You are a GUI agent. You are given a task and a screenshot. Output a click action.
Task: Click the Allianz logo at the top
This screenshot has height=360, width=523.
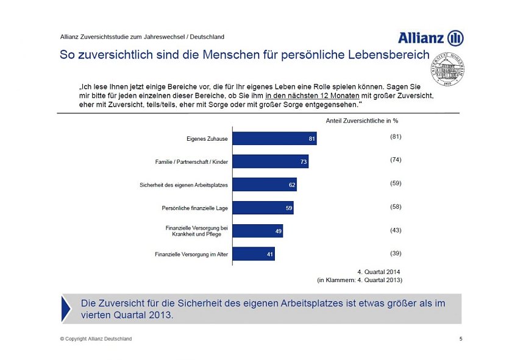pos(430,38)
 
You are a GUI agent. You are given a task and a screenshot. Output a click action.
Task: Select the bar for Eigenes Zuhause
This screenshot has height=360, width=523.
pos(275,138)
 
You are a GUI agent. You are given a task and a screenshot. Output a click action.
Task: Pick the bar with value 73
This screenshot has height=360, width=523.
pos(271,161)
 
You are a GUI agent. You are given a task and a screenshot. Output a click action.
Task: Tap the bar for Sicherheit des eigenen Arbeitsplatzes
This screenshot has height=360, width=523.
pos(265,185)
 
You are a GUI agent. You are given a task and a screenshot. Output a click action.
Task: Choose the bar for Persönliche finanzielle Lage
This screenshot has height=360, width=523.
pos(263,208)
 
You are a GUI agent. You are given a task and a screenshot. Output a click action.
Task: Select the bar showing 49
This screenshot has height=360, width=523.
pos(258,231)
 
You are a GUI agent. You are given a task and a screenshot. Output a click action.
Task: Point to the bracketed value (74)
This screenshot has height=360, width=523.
pos(396,160)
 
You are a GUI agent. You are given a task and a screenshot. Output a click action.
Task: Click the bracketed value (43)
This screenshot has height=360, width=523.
pos(396,230)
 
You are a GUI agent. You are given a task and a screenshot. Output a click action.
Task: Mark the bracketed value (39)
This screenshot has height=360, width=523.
pos(396,253)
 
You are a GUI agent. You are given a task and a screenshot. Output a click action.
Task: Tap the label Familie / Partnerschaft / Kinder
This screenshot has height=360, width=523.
pos(191,162)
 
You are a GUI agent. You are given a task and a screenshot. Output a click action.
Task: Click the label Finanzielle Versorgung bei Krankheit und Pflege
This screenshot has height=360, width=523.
pos(196,231)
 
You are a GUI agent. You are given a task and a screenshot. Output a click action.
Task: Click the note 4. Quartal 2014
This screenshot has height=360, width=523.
pos(379,271)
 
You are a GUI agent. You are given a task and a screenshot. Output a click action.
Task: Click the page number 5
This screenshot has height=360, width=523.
pos(460,339)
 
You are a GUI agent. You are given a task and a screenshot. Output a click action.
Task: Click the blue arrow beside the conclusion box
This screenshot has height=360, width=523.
pos(66,308)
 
